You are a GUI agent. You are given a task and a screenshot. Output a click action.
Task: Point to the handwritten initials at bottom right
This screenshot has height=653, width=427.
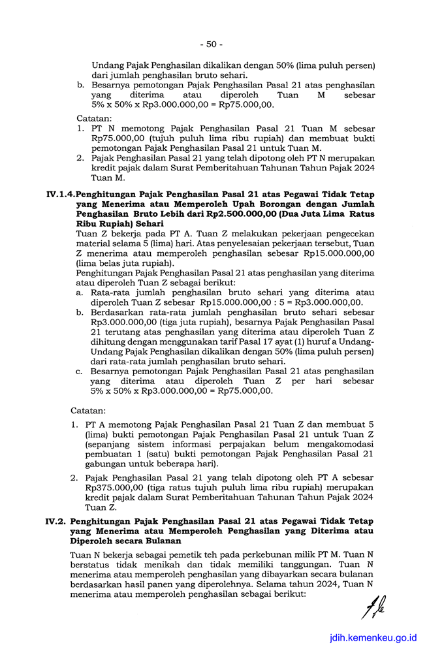point(373,611)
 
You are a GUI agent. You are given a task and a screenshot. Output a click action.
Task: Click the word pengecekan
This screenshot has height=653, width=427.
point(348,233)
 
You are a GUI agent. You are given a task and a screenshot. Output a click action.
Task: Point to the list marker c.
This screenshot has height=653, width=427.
point(78,371)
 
